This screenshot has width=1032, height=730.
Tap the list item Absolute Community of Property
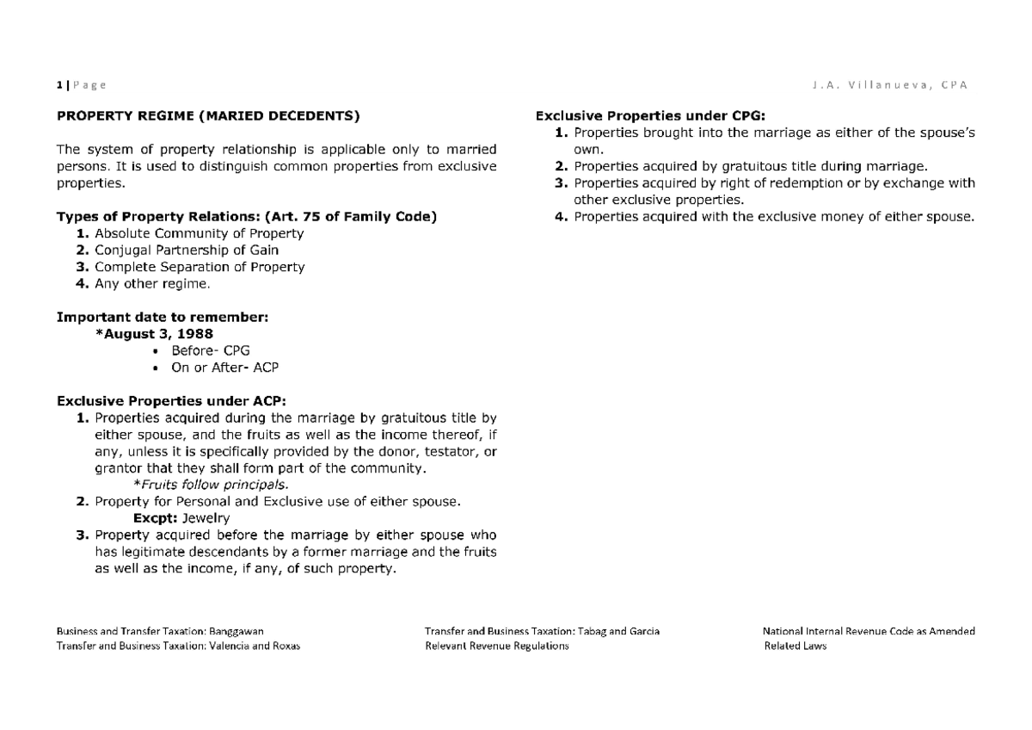click(199, 233)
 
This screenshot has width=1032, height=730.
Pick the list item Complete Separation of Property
click(199, 267)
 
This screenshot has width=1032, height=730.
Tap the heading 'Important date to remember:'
click(163, 317)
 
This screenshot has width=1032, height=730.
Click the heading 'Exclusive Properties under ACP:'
click(171, 401)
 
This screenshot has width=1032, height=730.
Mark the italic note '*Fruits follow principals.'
click(201, 485)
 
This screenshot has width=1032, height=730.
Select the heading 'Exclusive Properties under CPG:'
click(649, 116)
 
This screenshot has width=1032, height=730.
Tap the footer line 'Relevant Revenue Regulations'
click(497, 646)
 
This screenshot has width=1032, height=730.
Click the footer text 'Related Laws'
click(795, 646)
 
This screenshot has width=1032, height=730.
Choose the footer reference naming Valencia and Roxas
click(178, 646)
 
